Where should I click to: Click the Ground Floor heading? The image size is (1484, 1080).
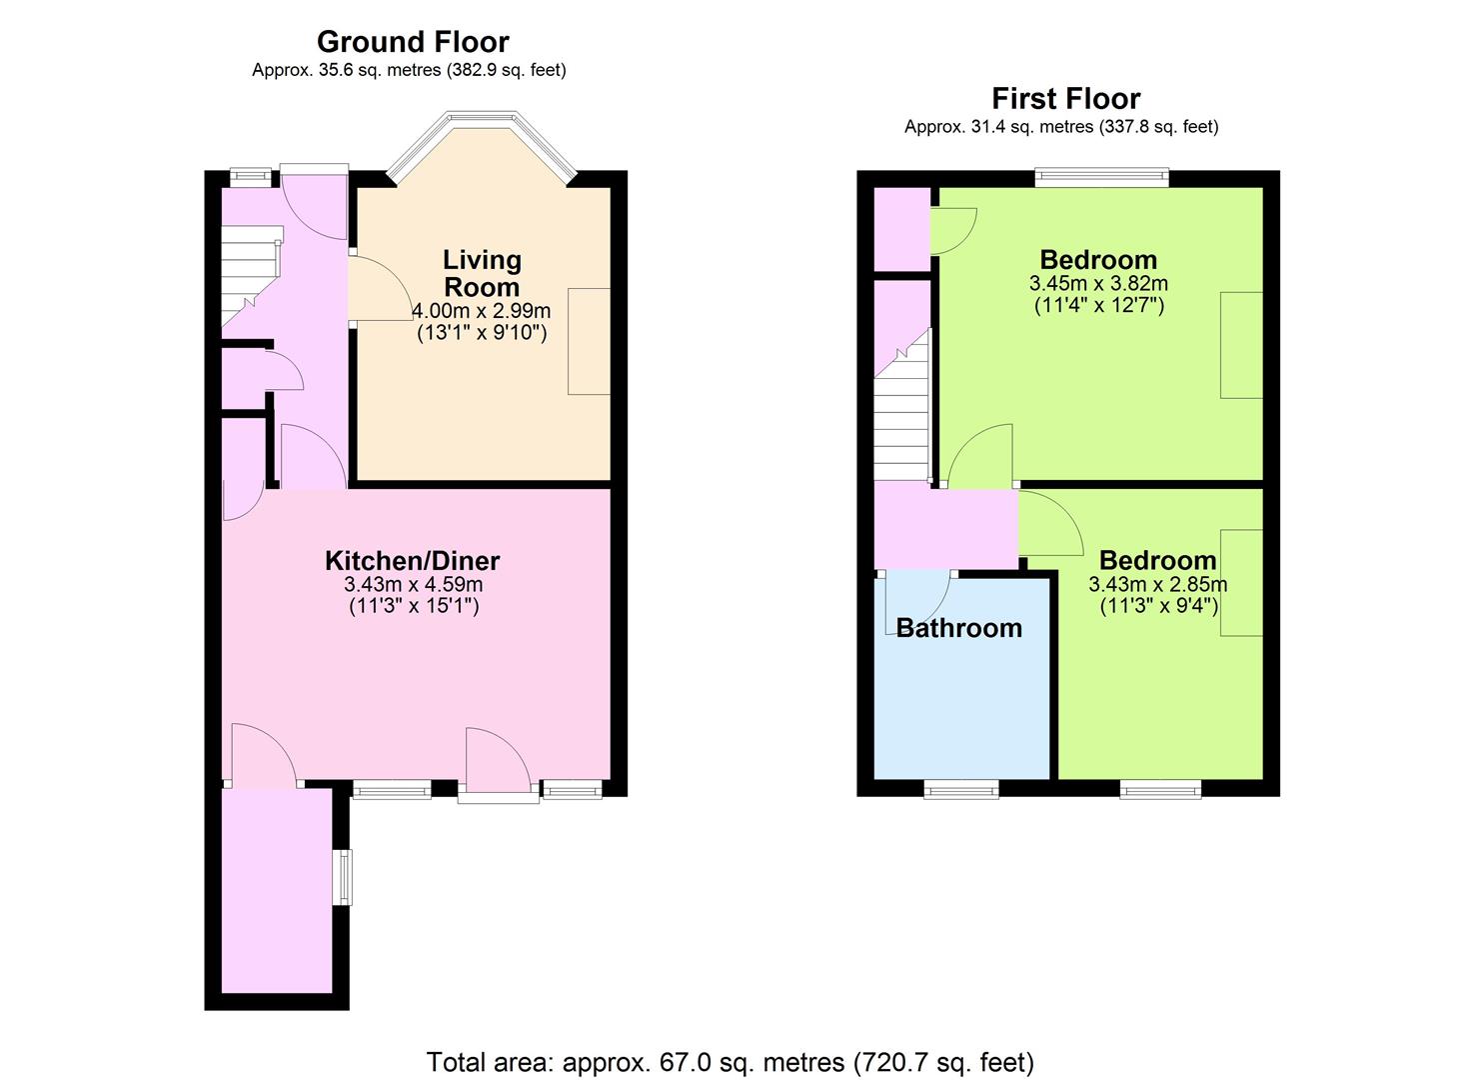pyautogui.click(x=413, y=42)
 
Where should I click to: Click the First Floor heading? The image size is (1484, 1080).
pyautogui.click(x=1066, y=99)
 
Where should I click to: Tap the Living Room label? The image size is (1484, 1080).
pyautogui.click(x=482, y=273)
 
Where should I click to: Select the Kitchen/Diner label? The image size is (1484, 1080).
pyautogui.click(x=412, y=561)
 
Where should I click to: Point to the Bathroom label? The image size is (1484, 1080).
pyautogui.click(x=958, y=628)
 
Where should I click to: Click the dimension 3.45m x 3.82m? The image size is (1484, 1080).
pyautogui.click(x=1098, y=284)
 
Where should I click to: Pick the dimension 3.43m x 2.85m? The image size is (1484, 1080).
pyautogui.click(x=1158, y=584)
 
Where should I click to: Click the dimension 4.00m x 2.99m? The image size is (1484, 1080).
pyautogui.click(x=482, y=310)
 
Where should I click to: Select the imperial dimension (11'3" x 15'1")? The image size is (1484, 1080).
pyautogui.click(x=414, y=606)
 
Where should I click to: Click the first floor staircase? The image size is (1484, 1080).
pyautogui.click(x=903, y=405)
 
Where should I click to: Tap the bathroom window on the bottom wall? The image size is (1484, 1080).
pyautogui.click(x=961, y=789)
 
